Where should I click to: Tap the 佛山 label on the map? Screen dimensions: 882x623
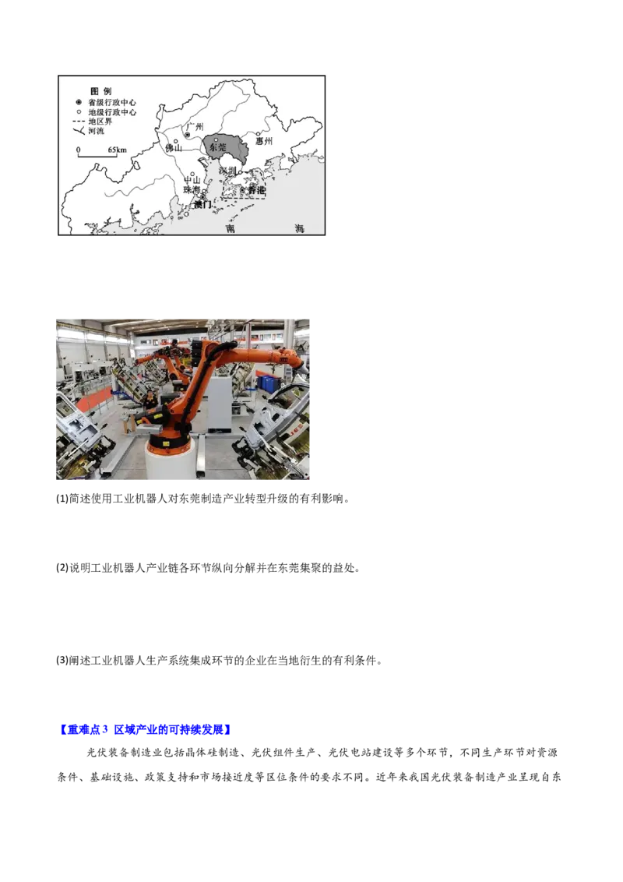pos(173,148)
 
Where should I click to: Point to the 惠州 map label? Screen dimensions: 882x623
pos(265,142)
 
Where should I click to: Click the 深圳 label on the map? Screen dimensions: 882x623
pos(227,171)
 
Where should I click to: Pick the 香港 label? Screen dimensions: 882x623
pos(256,190)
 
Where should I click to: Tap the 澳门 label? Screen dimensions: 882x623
pos(202,204)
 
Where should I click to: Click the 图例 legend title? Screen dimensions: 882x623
pos(101,91)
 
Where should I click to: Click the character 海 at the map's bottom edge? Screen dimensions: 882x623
pos(300,228)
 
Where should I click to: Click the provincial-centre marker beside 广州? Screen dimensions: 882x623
pos(187,135)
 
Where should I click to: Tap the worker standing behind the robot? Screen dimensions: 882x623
pos(150,400)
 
